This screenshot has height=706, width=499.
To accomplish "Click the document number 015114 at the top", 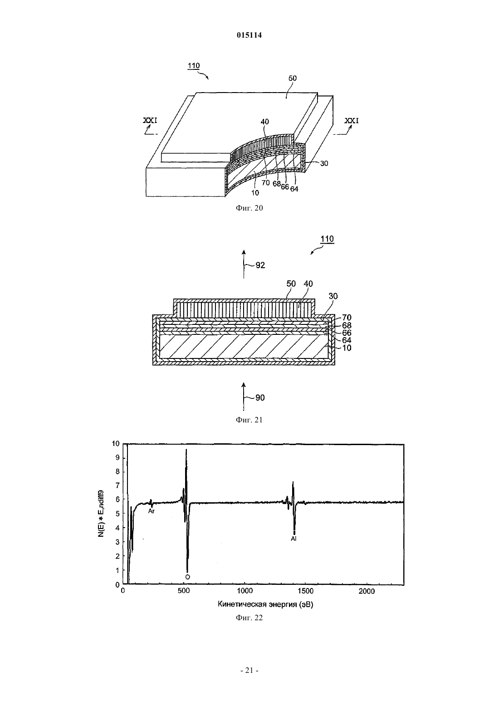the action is coord(249,35).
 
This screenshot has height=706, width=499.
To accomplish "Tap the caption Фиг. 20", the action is coord(249,208).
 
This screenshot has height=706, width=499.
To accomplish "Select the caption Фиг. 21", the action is coord(249,420).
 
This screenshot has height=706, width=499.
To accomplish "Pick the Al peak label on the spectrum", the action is coord(294,539).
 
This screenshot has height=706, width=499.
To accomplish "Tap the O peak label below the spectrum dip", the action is coord(187,577).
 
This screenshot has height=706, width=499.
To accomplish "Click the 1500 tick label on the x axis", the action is coord(305,591).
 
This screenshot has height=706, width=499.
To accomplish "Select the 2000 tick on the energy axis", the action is coord(367,591).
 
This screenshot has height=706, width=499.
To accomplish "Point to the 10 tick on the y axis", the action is coord(116,444).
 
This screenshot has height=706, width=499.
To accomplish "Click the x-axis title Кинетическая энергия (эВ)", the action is coord(265,604).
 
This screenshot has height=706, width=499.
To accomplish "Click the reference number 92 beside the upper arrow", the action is coord(260,265).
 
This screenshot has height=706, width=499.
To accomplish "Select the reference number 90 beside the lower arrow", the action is coord(260,398).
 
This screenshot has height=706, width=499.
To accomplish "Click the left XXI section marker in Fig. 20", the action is coord(150,120).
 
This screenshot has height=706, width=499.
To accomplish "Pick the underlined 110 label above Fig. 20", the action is coord(194,65).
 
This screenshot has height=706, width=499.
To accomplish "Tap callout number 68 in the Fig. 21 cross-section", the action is coord(347,325).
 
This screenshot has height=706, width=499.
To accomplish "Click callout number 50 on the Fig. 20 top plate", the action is coord(292,78).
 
